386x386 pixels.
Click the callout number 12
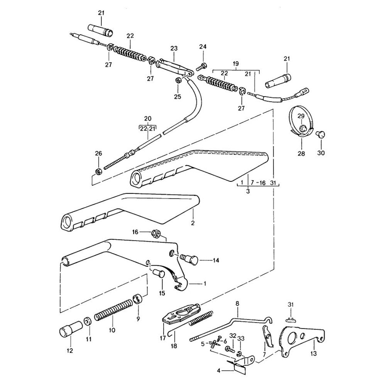(70, 351)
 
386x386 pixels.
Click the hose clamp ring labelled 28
(300, 122)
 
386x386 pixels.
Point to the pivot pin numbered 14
(189, 259)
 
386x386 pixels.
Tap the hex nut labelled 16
(157, 233)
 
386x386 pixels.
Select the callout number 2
(193, 223)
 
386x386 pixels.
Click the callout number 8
(237, 304)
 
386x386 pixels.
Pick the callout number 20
(147, 119)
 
